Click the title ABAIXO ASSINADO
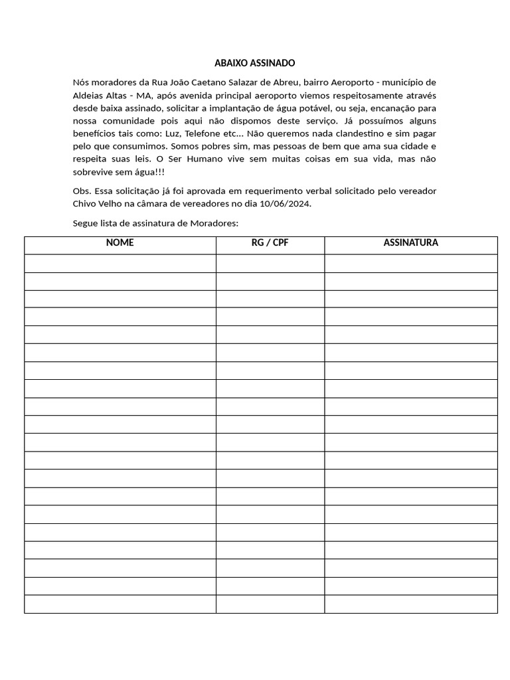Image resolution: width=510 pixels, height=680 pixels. [254, 63]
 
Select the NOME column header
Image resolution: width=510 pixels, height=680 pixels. [120, 243]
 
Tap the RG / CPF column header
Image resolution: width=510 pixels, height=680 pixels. [270, 243]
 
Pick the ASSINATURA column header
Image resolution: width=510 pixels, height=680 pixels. [410, 243]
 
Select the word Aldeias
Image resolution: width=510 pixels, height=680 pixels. [88, 95]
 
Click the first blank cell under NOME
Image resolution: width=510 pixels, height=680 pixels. [120, 264]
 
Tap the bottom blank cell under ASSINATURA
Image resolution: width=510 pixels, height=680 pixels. [410, 604]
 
